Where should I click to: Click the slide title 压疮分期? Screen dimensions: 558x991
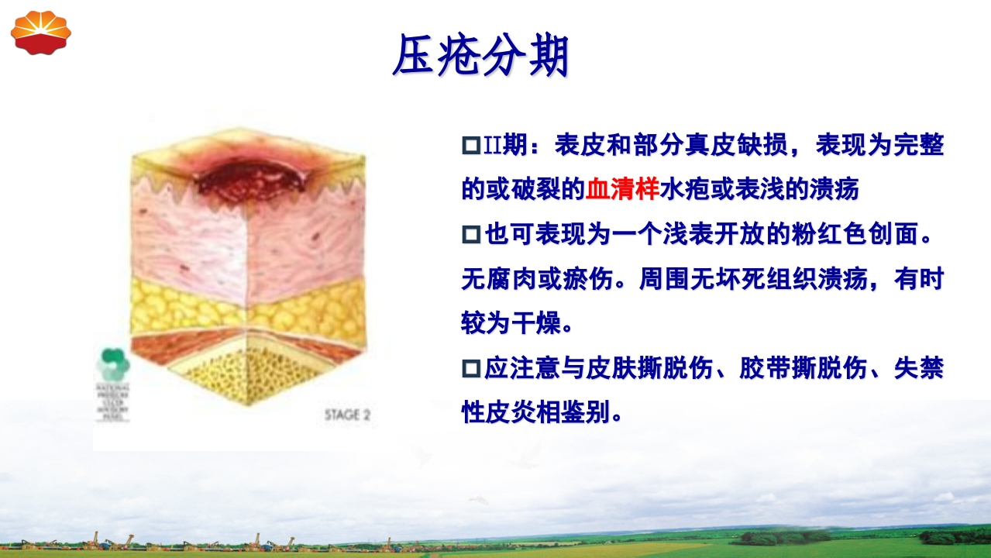point(480,56)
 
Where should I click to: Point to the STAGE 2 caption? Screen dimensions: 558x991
point(347,415)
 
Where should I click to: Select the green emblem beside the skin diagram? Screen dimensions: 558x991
point(113,363)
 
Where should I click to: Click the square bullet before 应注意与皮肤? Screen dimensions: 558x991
point(471,369)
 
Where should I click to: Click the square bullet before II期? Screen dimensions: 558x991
point(471,145)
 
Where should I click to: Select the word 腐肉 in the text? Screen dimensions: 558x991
point(511,278)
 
